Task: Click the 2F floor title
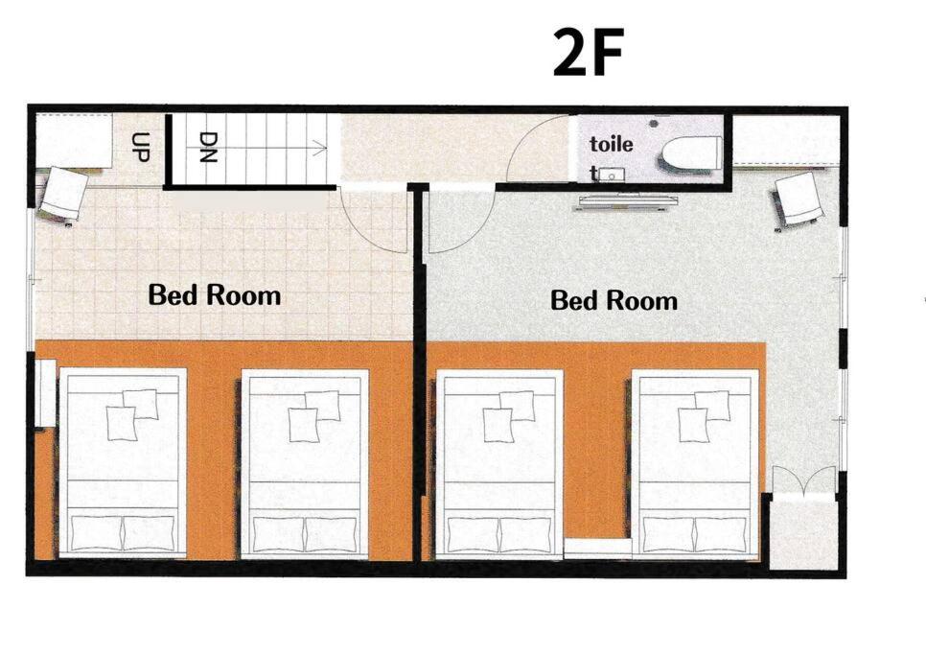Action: [589, 53]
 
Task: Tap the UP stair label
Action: [141, 147]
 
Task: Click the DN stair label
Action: [208, 147]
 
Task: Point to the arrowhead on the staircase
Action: [321, 148]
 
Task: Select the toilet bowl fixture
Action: [691, 153]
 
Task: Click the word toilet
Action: [612, 156]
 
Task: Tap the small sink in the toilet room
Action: [614, 175]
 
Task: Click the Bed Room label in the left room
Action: [215, 294]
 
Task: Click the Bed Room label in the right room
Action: [613, 300]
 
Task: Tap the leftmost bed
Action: [123, 463]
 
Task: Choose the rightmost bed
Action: [695, 464]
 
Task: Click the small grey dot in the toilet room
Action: [654, 124]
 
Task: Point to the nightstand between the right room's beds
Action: [597, 548]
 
